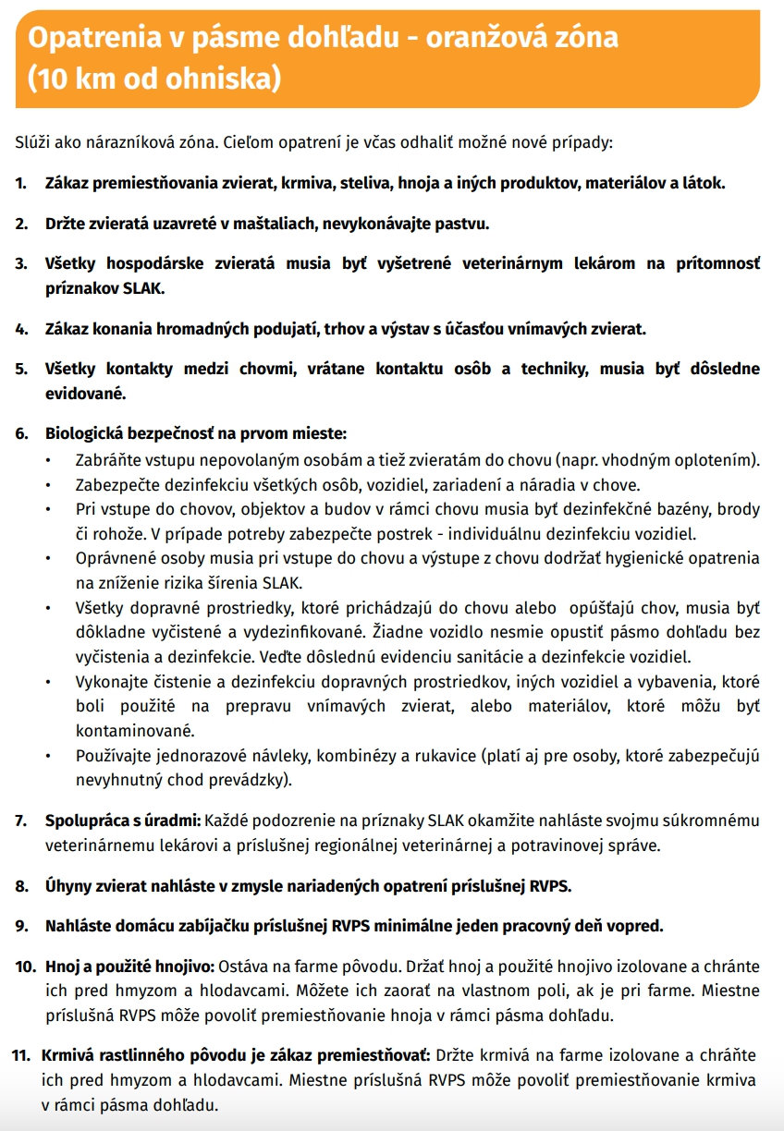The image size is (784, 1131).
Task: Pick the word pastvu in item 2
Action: [x=461, y=224]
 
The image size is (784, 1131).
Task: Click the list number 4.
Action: [x=21, y=328]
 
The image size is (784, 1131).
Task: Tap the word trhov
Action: [x=345, y=328]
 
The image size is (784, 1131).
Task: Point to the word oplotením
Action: [x=720, y=459]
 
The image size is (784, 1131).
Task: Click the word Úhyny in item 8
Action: [x=69, y=885]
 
